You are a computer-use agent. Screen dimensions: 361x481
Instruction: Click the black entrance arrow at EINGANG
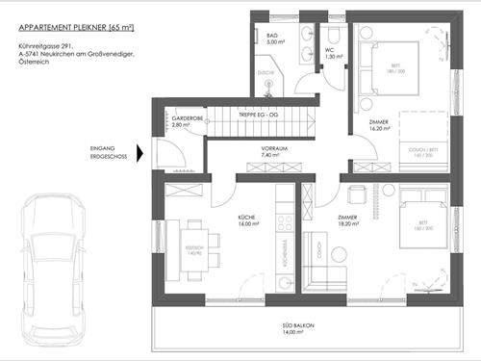[x=141, y=152]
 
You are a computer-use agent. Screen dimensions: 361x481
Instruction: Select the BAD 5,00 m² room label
[x=272, y=39]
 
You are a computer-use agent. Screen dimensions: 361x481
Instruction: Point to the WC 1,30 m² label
[x=330, y=54]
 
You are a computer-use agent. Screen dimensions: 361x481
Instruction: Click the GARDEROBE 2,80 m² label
[x=188, y=122]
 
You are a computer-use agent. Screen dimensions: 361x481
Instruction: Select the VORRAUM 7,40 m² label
[x=275, y=151]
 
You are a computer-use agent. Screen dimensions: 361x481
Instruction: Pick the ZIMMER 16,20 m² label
[x=381, y=125]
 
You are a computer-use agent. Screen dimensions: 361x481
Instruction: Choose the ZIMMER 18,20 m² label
[x=348, y=220]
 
